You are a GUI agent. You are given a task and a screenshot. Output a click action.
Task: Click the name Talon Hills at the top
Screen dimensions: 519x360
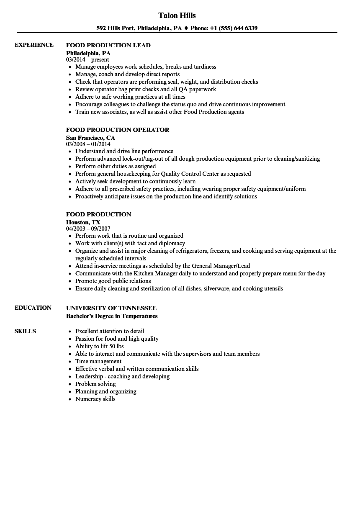[x=177, y=15]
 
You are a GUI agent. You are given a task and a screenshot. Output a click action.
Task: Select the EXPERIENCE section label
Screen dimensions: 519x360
[x=34, y=45]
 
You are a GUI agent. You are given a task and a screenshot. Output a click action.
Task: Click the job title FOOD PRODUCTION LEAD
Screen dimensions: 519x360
[x=108, y=45]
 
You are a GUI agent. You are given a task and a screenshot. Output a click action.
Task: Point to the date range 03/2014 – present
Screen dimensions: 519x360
[x=87, y=59]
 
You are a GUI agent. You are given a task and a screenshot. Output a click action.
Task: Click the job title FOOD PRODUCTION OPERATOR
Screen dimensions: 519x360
[x=118, y=130]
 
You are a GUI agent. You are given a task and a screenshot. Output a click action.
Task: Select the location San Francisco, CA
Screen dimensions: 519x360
[x=90, y=137]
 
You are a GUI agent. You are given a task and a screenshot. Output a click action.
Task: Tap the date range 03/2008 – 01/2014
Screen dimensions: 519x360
[x=88, y=144]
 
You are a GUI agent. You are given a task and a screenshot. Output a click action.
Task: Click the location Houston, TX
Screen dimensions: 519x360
[x=83, y=222]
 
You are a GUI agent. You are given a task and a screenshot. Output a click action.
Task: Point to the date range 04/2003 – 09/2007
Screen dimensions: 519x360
[x=88, y=229]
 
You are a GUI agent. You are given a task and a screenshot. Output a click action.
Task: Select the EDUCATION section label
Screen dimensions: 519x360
[x=33, y=308]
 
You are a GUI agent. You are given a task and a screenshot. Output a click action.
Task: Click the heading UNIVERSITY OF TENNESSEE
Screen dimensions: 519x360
[x=111, y=308]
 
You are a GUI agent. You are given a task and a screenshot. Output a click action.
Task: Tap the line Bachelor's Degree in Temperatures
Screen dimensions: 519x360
[x=112, y=316]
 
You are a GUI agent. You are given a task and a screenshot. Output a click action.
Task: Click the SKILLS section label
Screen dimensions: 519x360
[x=25, y=331]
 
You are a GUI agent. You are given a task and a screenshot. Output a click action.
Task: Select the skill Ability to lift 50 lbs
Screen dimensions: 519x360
[x=99, y=346]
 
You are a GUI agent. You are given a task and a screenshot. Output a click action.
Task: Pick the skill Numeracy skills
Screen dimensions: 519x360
[x=95, y=399]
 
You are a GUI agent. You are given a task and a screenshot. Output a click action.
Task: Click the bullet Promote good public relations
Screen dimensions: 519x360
[x=113, y=281]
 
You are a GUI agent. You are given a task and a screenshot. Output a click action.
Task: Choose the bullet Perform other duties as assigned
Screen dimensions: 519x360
[x=116, y=166]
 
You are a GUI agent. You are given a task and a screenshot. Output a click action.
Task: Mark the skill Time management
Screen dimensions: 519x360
[x=98, y=361]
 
